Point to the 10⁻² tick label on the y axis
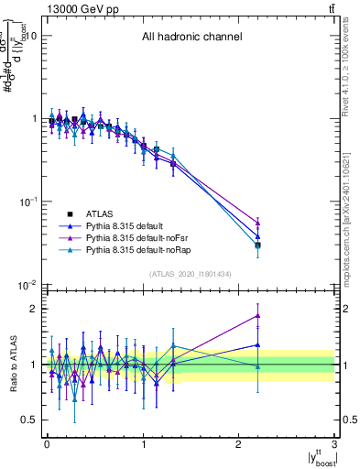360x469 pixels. pyautogui.click(x=27, y=286)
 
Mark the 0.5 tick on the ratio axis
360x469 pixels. pyautogui.click(x=29, y=420)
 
